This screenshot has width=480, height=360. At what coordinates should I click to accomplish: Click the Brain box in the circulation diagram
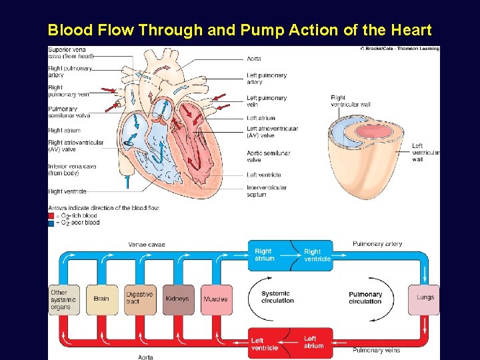pos(101,299)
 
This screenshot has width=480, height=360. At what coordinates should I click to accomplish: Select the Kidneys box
pos(177,299)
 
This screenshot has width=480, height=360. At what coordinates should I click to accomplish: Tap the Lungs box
pos(425,297)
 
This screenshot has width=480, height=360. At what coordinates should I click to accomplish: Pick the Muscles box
pos(215,299)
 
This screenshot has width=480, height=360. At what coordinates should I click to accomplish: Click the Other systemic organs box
pos(63,300)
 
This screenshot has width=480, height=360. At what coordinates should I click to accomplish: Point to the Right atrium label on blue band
pos(264,255)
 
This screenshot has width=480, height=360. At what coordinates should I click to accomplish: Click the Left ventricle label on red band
pos(265,344)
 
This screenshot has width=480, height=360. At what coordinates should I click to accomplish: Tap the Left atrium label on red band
pos(314,342)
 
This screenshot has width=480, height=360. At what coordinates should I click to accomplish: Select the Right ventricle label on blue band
pos(317,255)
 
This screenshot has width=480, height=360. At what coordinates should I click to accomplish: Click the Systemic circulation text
pos(277,297)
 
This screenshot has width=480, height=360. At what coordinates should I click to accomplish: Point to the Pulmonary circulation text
pos(365,297)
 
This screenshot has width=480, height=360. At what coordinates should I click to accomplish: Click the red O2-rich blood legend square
pos(51,216)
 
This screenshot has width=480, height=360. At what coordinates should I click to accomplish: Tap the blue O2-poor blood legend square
pos(51,223)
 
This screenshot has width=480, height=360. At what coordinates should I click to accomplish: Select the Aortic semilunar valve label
pos(268,156)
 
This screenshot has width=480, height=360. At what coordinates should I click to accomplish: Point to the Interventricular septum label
pos(267,191)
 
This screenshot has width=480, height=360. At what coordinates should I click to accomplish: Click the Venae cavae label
pos(147,245)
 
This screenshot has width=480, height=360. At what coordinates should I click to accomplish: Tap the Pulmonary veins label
pos(377,351)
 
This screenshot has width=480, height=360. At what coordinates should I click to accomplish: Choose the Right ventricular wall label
pos(352,101)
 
